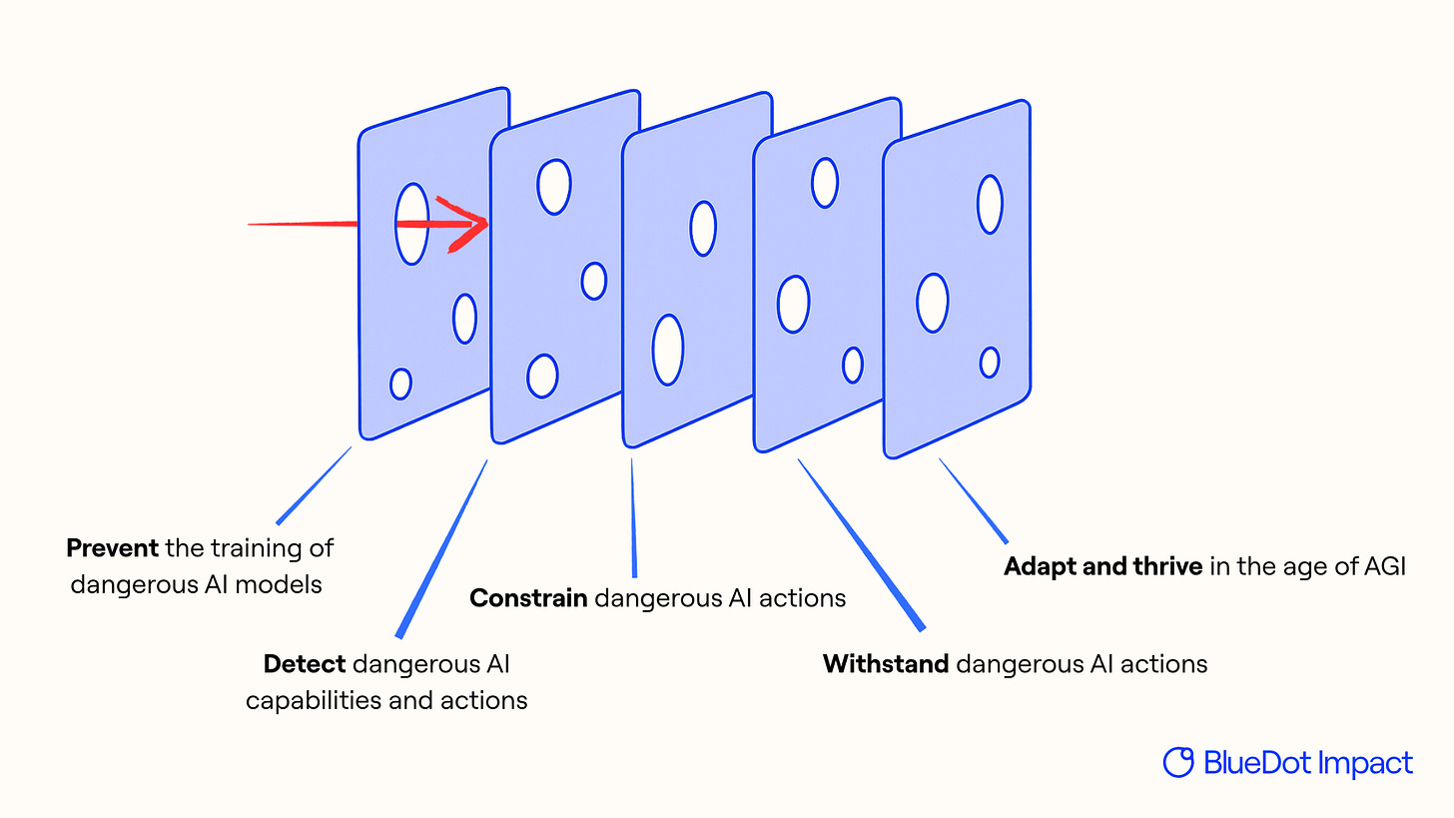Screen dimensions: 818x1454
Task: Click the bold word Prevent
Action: click(x=112, y=547)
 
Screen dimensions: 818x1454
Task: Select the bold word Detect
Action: click(x=305, y=663)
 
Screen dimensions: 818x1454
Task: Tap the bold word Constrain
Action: click(x=528, y=597)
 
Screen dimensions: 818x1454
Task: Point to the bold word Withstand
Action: click(x=885, y=663)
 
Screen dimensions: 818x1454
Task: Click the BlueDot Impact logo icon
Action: click(x=1178, y=762)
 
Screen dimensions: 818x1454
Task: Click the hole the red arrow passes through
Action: click(x=411, y=224)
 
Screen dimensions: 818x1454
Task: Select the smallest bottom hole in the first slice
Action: click(x=400, y=384)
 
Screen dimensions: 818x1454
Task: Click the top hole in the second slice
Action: click(x=553, y=186)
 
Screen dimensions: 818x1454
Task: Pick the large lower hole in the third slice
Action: click(x=667, y=350)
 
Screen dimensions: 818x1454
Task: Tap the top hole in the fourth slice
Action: click(x=824, y=182)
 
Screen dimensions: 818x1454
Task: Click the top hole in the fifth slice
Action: click(x=989, y=204)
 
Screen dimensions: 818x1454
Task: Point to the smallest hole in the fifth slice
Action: click(x=989, y=362)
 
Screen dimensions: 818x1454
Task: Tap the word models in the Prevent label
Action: click(x=288, y=583)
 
